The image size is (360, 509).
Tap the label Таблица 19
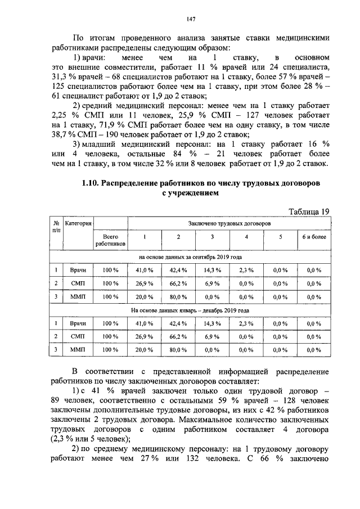(x=308, y=211)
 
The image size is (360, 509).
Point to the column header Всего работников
(x=110, y=240)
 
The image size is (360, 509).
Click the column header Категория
(x=78, y=223)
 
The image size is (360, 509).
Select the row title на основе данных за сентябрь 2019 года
(x=190, y=256)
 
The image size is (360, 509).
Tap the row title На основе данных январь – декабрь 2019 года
(x=190, y=309)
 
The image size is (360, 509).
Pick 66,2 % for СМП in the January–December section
(x=178, y=336)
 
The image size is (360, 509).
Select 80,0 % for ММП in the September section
(x=178, y=296)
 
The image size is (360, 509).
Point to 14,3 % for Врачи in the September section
(x=212, y=270)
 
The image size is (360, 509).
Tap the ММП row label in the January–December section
(x=78, y=349)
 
